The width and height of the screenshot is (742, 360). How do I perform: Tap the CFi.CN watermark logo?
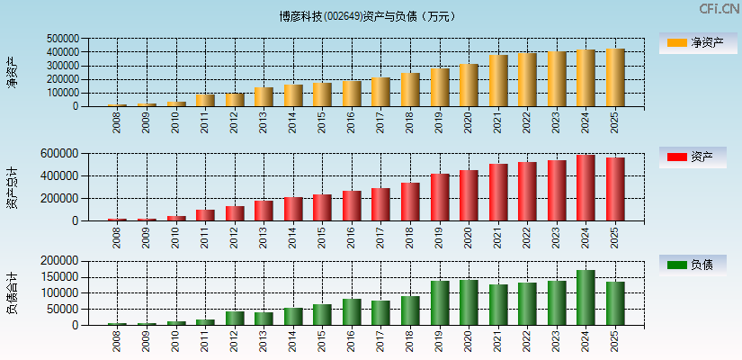pos(719,9)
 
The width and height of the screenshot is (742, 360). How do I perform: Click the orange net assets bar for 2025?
pos(615,77)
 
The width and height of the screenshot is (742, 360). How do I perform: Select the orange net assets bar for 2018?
pos(410,90)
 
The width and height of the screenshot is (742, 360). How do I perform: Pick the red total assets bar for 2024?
pos(586,188)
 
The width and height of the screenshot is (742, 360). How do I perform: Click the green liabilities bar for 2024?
pos(586,298)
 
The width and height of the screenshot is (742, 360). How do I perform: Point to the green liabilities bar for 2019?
pos(440,303)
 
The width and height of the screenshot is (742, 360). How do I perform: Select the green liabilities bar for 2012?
pos(235,318)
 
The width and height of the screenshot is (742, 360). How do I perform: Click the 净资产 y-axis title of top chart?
pos(12,72)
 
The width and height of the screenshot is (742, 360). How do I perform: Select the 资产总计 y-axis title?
pos(12,187)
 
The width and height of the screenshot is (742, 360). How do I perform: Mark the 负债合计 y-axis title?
pos(12,293)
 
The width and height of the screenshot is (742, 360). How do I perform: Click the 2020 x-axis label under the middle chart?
pos(469,238)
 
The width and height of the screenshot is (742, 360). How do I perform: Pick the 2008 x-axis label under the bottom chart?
pos(117,343)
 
